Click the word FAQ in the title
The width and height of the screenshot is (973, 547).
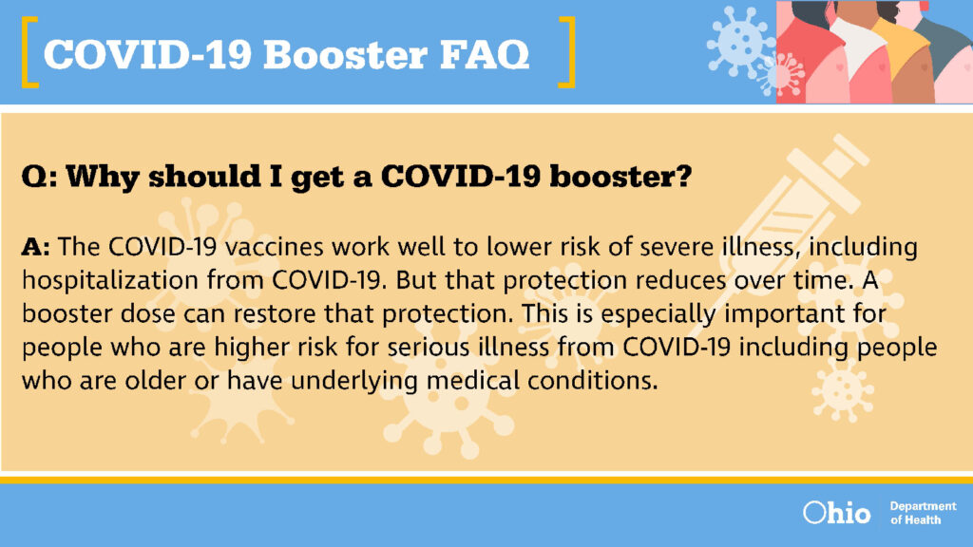click(485, 54)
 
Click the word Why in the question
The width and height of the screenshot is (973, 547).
click(103, 177)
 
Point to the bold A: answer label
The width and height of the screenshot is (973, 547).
click(35, 247)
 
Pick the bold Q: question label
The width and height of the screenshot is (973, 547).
click(39, 178)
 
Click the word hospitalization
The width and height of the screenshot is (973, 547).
click(110, 280)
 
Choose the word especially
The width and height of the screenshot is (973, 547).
click(658, 314)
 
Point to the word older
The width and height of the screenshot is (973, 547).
click(155, 380)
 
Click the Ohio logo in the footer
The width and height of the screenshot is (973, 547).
click(836, 512)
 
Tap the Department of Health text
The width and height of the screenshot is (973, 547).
click(923, 513)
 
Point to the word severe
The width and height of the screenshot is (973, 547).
click(677, 247)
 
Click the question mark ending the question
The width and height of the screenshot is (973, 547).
click(683, 177)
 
